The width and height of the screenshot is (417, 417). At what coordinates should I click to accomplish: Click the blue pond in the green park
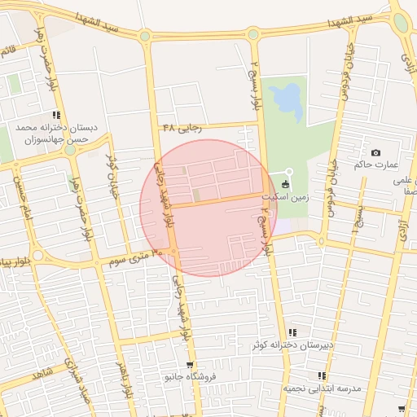click(286, 98)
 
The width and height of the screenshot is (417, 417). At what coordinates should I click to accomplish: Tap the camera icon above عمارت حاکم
click(375, 153)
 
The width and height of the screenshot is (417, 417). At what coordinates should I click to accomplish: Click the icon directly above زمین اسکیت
click(284, 186)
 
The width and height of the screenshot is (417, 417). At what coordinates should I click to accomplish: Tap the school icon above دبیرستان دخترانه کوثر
click(292, 332)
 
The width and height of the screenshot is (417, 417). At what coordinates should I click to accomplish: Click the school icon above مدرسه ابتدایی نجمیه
click(322, 376)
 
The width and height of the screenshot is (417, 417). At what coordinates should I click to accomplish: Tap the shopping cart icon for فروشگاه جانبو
click(190, 365)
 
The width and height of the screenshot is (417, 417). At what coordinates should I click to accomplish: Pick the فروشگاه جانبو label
click(189, 377)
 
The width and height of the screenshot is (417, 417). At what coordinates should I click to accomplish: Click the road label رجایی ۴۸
click(181, 127)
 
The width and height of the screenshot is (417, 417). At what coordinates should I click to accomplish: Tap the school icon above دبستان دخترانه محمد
click(56, 116)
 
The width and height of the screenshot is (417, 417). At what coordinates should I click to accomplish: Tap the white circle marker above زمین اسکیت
click(288, 171)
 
